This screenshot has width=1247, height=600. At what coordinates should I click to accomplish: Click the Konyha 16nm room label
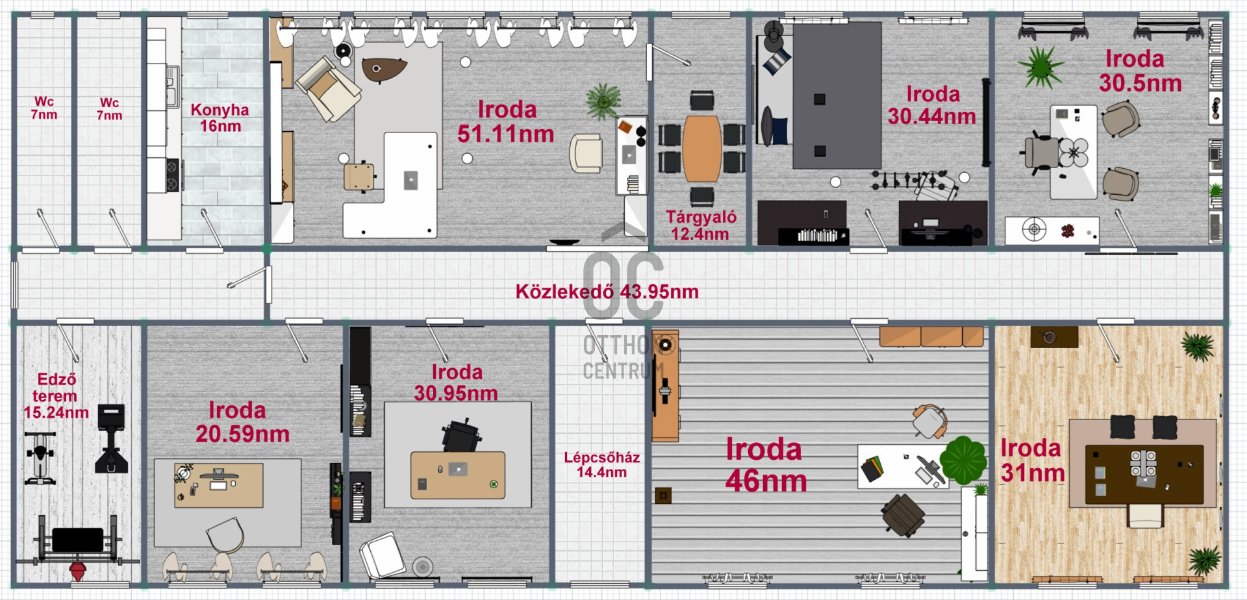(x=220, y=118)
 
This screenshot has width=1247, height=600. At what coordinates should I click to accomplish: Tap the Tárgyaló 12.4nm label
(x=701, y=225)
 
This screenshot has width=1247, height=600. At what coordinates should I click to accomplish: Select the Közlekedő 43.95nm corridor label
(x=607, y=292)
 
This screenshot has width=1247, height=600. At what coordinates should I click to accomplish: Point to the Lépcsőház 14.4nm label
(x=602, y=464)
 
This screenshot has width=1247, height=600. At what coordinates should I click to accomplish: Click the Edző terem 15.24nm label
(x=56, y=395)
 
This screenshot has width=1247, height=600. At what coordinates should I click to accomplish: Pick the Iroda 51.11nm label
(x=506, y=121)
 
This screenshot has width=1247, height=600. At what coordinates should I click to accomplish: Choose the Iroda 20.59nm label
(x=242, y=422)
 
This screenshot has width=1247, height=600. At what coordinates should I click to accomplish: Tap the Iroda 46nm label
(x=766, y=465)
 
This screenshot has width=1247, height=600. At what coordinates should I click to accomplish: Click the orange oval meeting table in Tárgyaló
(x=701, y=149)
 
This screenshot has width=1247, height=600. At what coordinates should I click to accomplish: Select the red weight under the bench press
(x=78, y=571)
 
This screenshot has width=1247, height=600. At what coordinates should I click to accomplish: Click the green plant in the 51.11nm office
(x=603, y=101)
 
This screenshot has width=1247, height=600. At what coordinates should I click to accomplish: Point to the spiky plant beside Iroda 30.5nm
(x=1040, y=66)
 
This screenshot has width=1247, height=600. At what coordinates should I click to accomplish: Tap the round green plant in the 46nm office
(x=963, y=460)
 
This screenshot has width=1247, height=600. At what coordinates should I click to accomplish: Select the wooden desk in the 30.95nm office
(x=458, y=475)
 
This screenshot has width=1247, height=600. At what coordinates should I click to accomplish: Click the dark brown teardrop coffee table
(x=383, y=69)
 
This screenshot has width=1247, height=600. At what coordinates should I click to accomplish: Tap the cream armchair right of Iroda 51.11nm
(x=585, y=153)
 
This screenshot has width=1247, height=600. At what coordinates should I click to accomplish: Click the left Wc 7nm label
(x=44, y=108)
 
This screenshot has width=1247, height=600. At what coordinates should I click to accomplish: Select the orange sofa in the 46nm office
(x=931, y=337)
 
